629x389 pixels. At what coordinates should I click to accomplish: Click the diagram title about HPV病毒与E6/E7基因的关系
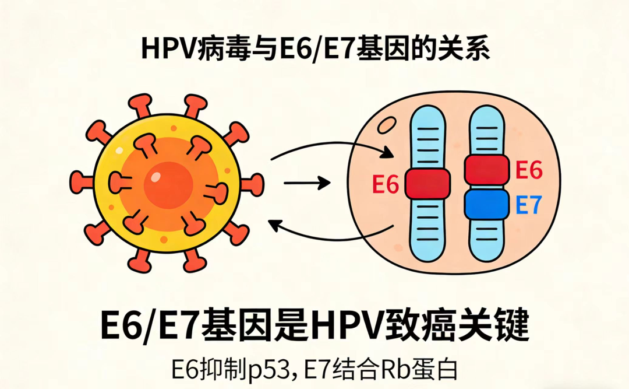pos(315,49)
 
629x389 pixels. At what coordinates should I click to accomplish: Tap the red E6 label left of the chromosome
pos(385,186)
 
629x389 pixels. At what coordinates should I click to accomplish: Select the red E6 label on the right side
pos(529,170)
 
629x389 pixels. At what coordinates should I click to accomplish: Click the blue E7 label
pos(529,205)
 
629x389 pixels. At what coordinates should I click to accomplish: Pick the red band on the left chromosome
pos(427,184)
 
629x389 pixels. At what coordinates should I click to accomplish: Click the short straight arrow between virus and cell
pos(306,183)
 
